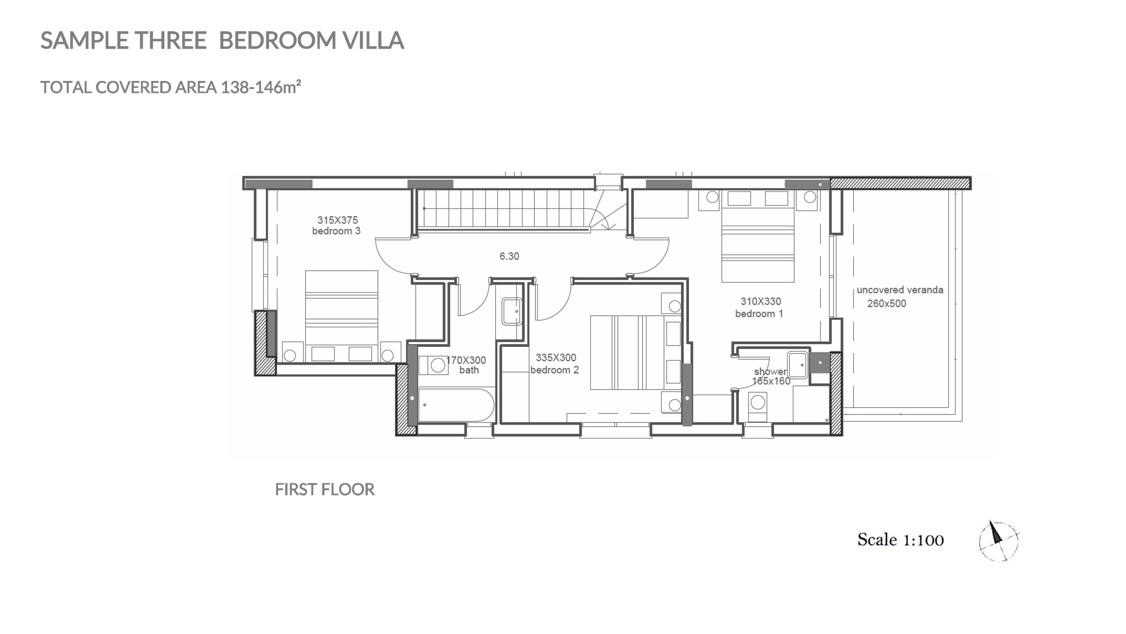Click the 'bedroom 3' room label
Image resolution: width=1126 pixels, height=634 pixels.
coord(336,231)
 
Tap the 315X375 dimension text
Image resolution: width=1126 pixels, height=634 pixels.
coord(337,220)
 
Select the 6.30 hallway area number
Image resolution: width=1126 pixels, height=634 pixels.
coord(509,256)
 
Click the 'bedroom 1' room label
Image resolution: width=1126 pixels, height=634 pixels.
coord(759,313)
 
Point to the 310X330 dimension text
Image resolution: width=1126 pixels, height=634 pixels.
coord(760,302)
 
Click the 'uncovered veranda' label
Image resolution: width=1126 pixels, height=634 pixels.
coord(900,290)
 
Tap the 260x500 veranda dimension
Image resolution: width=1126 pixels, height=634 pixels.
coord(887,303)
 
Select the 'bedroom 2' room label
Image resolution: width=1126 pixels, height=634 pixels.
coord(554,370)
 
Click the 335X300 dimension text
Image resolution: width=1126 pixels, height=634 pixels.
coord(556,358)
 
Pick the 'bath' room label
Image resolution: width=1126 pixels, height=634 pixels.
coord(469,370)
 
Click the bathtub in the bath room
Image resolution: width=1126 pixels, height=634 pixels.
coord(456,405)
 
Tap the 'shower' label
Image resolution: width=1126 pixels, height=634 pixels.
coord(770,372)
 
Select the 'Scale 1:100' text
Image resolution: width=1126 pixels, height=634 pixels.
coord(900,540)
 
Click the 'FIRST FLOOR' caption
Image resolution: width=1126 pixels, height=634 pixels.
coord(325,490)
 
